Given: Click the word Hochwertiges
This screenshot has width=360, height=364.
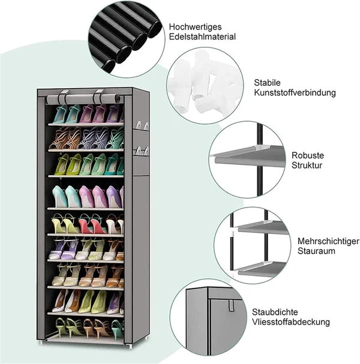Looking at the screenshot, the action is [x=196, y=27].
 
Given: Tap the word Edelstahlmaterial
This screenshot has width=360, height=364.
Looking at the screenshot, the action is [x=202, y=37].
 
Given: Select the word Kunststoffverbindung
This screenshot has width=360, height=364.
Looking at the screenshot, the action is [x=295, y=92].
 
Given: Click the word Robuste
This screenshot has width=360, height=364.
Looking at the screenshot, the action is [x=308, y=155].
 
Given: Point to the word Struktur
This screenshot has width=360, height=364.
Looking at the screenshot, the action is [x=307, y=166].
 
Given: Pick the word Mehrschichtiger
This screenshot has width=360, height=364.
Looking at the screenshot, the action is [x=328, y=241].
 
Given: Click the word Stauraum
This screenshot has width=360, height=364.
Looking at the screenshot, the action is [x=316, y=251].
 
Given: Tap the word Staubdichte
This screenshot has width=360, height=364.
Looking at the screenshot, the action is [x=275, y=312].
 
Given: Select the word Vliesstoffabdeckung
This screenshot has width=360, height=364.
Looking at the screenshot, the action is [x=291, y=322].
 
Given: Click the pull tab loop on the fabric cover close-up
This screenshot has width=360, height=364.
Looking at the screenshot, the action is [x=232, y=305].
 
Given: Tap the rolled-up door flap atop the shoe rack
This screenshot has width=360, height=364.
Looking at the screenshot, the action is [x=83, y=99].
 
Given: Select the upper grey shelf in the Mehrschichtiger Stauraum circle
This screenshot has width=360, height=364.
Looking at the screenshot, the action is [x=262, y=227].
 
